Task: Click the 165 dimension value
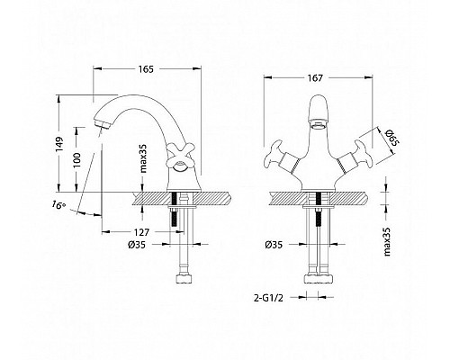tap(146, 69)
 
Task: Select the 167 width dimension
tap(315, 78)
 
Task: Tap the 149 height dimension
tap(59, 144)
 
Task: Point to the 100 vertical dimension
tap(76, 160)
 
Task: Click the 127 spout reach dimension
tap(141, 232)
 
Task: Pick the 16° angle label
tap(58, 205)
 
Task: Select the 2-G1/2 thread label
tap(268, 298)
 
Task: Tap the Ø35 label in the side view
tap(137, 245)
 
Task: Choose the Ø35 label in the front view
tap(274, 245)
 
